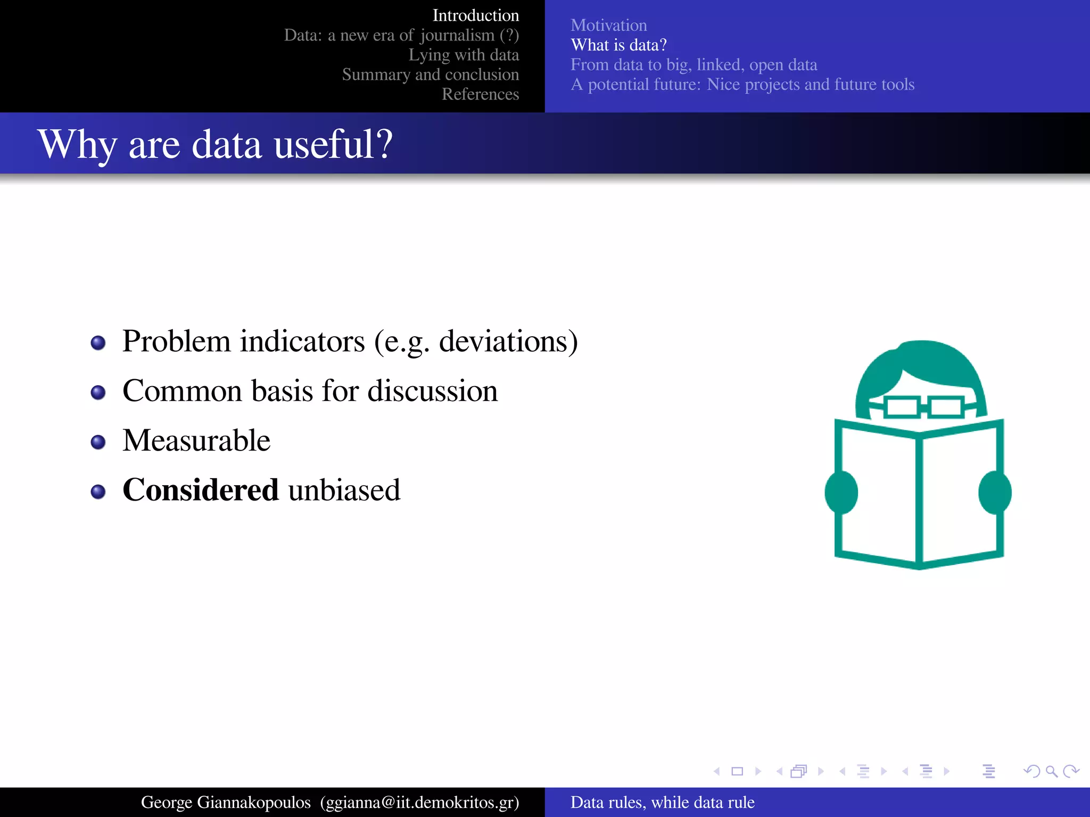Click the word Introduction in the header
(475, 15)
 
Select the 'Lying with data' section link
(463, 55)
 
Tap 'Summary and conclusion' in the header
(430, 74)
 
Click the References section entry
(480, 94)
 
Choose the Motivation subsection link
(608, 25)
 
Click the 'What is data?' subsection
(618, 45)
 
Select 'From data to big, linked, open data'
(693, 64)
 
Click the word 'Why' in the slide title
(77, 144)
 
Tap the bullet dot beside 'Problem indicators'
(98, 343)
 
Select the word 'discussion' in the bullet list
(432, 391)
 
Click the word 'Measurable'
(196, 440)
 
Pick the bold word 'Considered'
(201, 490)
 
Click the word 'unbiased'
(344, 490)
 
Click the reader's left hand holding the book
(841, 492)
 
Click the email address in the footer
(419, 802)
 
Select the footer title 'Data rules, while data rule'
(662, 802)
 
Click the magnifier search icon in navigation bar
(1051, 771)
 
